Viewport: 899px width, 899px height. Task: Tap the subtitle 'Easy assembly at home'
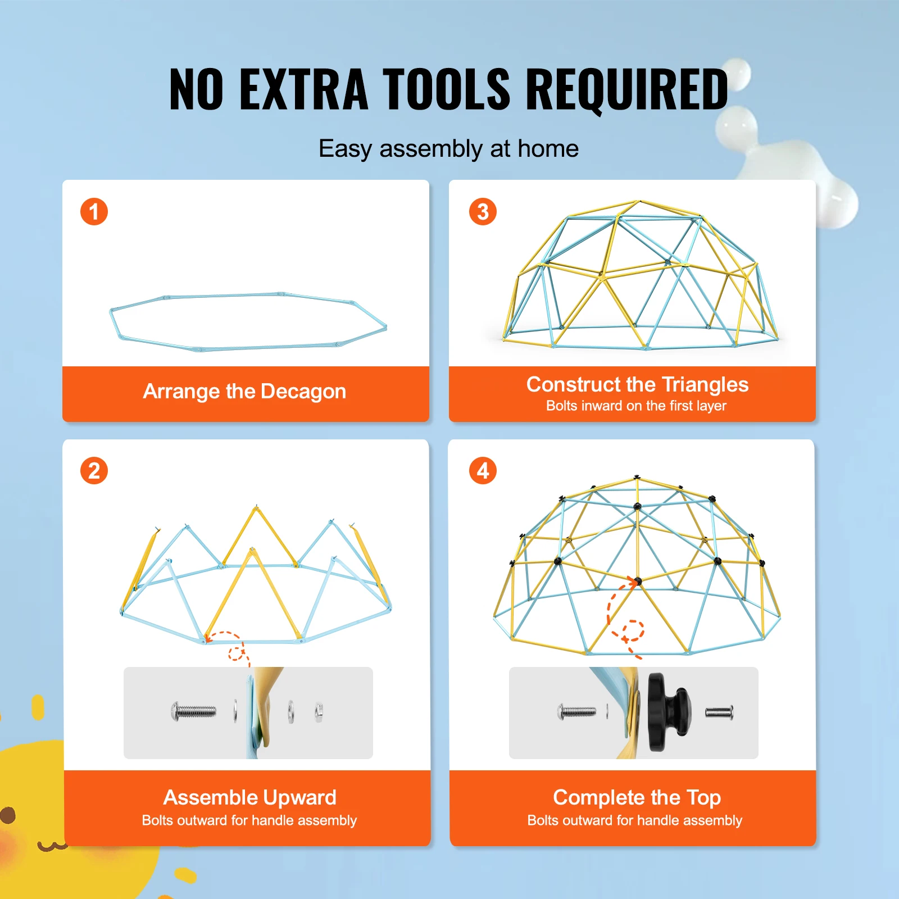tap(448, 149)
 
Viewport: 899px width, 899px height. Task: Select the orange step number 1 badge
tap(94, 212)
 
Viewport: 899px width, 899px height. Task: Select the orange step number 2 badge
tap(94, 471)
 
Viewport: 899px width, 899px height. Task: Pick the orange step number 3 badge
tap(483, 212)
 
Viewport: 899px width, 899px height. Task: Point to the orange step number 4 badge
tap(483, 471)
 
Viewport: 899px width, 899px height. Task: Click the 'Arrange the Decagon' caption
tap(244, 392)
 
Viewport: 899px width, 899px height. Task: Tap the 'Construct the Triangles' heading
tap(637, 385)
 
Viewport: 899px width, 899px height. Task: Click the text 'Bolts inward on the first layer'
tap(636, 406)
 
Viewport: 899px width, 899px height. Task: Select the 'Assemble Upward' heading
tap(249, 798)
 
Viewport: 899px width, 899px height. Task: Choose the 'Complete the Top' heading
tap(637, 798)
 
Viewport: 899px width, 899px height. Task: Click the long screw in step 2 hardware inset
tap(193, 712)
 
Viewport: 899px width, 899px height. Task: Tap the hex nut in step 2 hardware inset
tap(319, 712)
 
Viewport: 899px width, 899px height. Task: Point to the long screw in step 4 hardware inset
tap(577, 712)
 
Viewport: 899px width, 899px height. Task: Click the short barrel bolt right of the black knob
tap(719, 713)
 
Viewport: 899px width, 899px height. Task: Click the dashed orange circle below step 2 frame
tap(236, 653)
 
